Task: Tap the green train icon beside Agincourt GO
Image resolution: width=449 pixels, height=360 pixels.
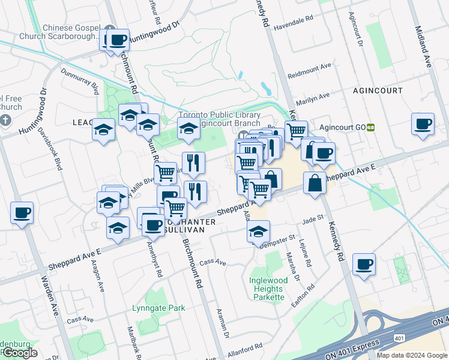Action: point(371,128)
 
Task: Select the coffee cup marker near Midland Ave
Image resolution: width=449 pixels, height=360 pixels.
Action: point(423,124)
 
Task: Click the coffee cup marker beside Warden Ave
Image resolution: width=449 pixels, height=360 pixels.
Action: point(22,212)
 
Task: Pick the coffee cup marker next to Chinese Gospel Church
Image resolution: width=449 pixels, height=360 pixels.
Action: point(118,40)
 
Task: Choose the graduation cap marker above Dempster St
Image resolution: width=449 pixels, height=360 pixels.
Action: point(259,232)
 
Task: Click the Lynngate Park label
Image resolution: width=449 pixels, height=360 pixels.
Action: point(158,308)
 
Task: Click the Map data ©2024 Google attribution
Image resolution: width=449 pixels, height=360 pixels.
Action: point(412,355)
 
